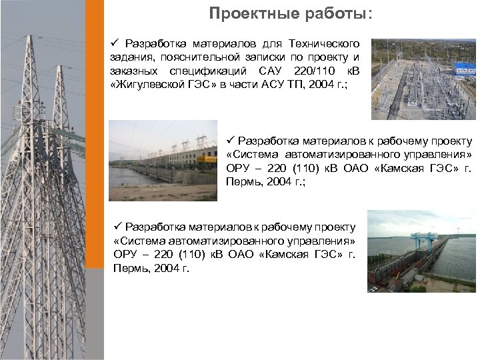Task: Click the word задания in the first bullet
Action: pos(131,57)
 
